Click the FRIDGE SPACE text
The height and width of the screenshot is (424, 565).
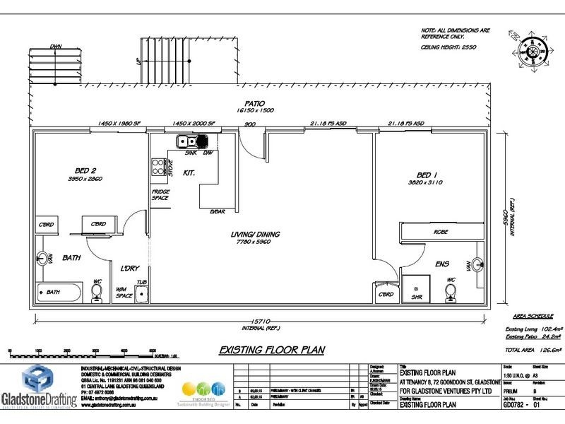160,195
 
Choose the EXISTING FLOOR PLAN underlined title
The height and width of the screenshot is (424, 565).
261,349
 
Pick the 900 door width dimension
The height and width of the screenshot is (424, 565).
249,125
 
